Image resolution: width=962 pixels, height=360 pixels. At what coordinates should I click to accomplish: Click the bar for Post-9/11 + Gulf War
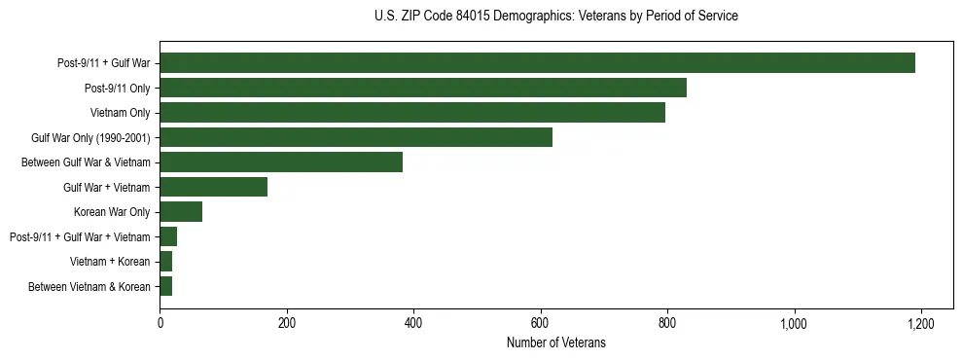[537, 63]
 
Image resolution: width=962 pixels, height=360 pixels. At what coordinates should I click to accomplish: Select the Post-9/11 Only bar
[423, 88]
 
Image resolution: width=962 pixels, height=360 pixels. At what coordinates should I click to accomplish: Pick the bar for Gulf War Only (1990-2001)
[356, 137]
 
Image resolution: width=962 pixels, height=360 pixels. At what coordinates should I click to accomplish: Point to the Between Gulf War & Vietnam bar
[281, 162]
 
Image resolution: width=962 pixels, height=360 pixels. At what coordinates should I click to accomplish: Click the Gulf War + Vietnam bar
[213, 187]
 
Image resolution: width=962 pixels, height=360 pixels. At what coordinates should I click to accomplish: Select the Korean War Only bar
[181, 211]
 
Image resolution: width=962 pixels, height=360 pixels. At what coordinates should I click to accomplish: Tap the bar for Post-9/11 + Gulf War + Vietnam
[168, 236]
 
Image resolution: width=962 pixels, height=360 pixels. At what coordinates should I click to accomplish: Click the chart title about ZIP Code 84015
[555, 17]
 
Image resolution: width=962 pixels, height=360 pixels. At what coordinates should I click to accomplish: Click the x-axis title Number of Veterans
[555, 342]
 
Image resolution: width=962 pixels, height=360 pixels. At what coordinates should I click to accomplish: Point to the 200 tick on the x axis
[287, 323]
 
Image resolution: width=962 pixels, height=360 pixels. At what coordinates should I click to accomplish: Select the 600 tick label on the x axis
[541, 323]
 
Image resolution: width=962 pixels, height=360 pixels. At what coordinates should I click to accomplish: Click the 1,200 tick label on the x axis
[921, 323]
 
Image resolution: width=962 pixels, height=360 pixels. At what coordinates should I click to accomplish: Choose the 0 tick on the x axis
[160, 323]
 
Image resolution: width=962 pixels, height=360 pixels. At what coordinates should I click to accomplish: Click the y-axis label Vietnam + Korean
[110, 262]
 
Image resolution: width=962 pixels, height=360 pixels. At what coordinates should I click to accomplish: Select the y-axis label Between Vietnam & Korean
[89, 286]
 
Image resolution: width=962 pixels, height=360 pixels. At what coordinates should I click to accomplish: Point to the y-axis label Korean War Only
[112, 212]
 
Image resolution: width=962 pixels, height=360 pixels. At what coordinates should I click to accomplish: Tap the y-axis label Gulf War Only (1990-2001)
[90, 138]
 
